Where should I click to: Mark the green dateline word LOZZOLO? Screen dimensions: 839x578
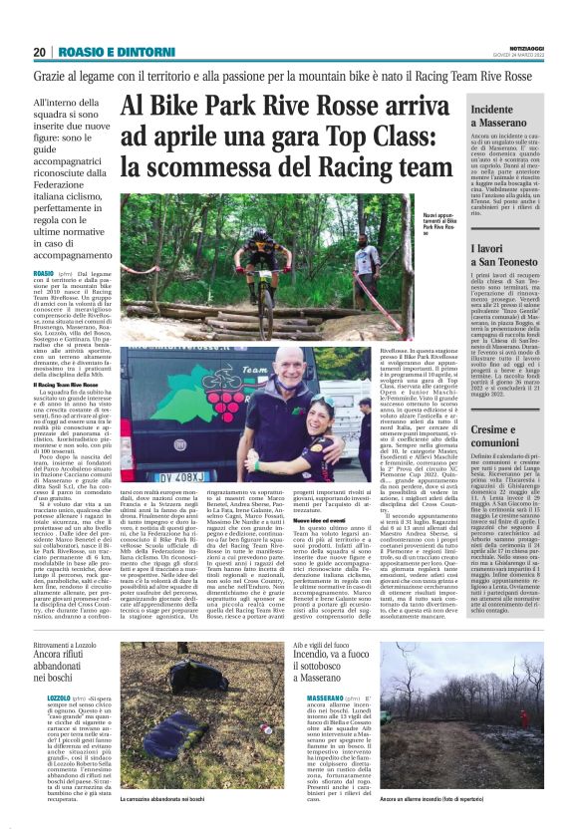(x=59, y=697)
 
